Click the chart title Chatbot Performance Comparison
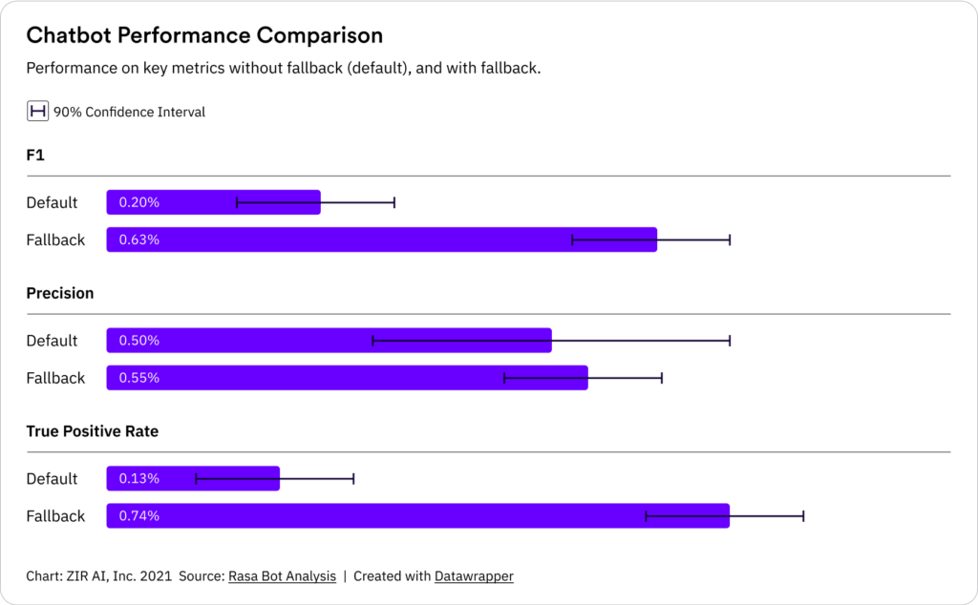[x=204, y=35]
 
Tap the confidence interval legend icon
[x=37, y=112]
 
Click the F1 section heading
[x=35, y=155]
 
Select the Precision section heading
[x=60, y=293]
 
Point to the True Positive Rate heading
[x=93, y=431]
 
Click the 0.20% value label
[x=139, y=202]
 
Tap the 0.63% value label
[x=139, y=240]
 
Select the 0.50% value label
[x=139, y=341]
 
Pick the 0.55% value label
[x=139, y=378]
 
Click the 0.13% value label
[x=139, y=478]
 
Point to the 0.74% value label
[x=139, y=516]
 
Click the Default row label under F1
[x=53, y=202]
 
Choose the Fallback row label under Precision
[x=55, y=378]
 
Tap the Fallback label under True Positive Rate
[x=55, y=516]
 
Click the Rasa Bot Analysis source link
[x=282, y=576]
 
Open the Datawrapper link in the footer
[x=474, y=576]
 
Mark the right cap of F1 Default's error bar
[x=394, y=202]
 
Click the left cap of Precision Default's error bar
[x=372, y=341]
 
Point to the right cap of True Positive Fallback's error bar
[x=803, y=516]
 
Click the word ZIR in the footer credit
[x=78, y=576]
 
